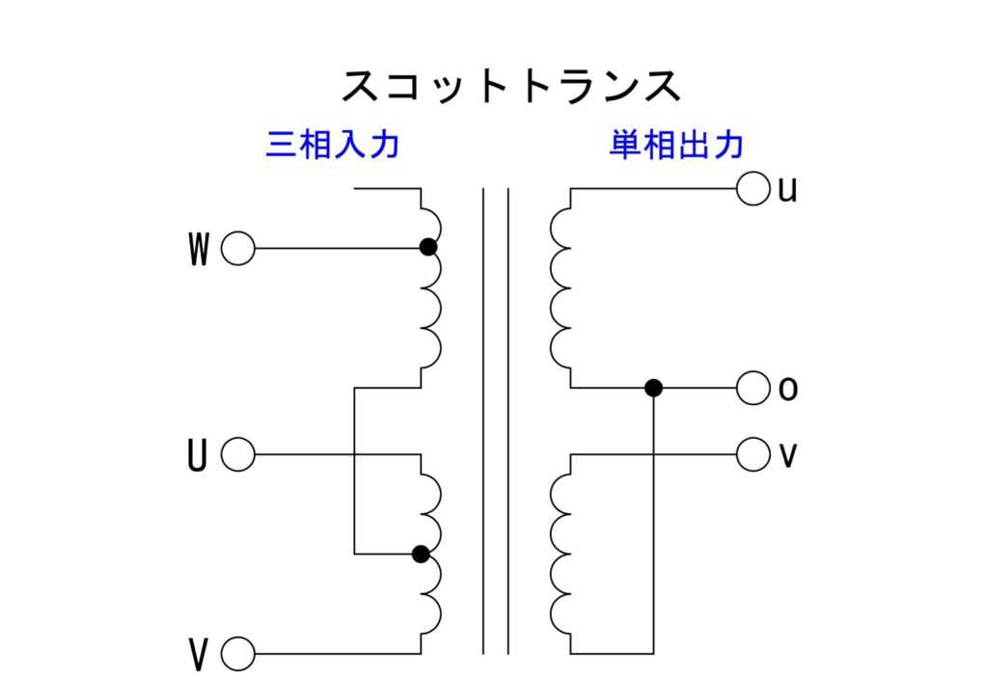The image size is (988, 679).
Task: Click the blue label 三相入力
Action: [333, 146]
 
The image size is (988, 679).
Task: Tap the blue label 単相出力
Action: [676, 146]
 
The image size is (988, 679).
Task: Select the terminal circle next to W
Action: [237, 249]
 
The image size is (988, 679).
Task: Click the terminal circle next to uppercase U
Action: [237, 454]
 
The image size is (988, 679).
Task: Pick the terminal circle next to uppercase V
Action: [237, 655]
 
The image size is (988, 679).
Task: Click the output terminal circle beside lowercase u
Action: [753, 189]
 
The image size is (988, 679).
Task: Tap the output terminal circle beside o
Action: [753, 389]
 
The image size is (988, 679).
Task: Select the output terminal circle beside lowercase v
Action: [753, 453]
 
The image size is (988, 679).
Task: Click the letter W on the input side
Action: [199, 251]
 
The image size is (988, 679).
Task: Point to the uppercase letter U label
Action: [197, 456]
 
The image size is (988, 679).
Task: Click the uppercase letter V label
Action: [199, 657]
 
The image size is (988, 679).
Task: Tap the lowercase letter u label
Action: [787, 190]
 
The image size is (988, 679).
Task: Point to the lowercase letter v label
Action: [787, 455]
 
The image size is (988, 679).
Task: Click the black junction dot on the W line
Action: [428, 247]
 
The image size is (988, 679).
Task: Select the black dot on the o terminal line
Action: [653, 388]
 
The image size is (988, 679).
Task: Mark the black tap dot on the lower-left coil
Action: [421, 554]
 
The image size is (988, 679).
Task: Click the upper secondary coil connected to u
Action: [560, 287]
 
